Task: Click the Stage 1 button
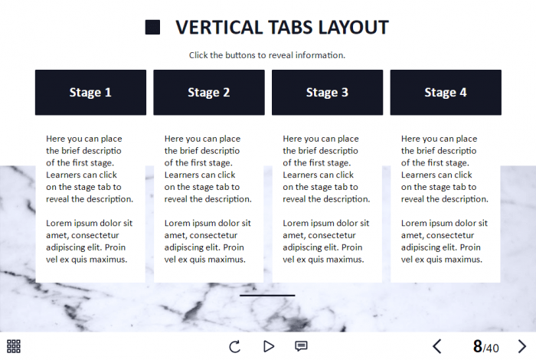(x=90, y=93)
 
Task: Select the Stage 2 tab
(x=209, y=93)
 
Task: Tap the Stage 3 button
(x=328, y=93)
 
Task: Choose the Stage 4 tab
(x=446, y=93)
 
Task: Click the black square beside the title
(x=152, y=28)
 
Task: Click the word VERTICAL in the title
(x=219, y=28)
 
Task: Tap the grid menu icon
(x=14, y=346)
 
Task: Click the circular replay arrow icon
(x=235, y=346)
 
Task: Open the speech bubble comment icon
(x=301, y=346)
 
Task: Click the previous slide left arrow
(x=437, y=346)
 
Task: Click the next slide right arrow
(x=522, y=346)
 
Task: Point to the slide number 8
(x=478, y=347)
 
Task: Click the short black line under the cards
(x=267, y=296)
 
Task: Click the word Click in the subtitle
(x=198, y=55)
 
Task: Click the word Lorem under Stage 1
(x=57, y=223)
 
